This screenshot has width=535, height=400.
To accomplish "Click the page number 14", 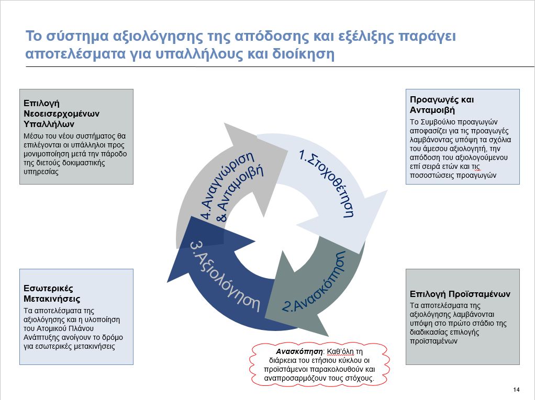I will coord(516,390).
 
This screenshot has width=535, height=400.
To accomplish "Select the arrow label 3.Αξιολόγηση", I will coord(225,275).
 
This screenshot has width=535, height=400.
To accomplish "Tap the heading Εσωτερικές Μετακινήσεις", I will coord(52,293).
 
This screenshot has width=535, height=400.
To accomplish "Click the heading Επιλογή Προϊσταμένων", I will coord(460,294).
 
